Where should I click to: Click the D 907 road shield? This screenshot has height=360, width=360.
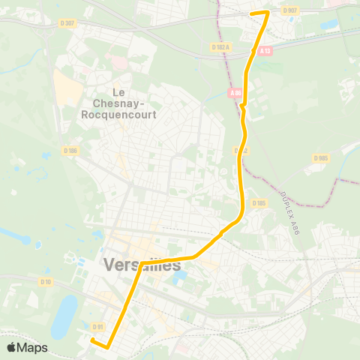[x=290, y=10]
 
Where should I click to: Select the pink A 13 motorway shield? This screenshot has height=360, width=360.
[x=265, y=51]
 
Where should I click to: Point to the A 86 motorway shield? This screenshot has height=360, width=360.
[x=236, y=93]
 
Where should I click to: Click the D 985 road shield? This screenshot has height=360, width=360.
[x=321, y=158]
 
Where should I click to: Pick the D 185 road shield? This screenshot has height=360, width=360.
[x=259, y=202]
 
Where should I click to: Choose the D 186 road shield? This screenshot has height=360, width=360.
[x=70, y=151]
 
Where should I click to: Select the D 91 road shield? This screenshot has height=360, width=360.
[x=97, y=326]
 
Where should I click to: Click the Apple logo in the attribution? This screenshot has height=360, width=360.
[x=11, y=348]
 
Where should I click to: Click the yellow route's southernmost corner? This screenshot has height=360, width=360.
[x=107, y=348]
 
